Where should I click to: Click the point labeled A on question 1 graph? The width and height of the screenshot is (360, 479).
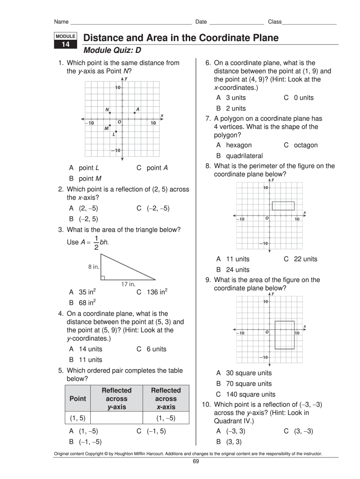pos(135,112)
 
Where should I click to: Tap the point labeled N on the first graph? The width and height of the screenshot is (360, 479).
pos(109,112)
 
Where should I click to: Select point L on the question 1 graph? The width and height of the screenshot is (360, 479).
pos(116,131)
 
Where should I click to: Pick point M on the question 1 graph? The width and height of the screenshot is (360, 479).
pos(110,125)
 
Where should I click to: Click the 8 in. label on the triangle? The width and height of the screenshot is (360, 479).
pos(93,267)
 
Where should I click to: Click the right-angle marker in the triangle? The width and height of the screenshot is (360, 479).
pos(103,277)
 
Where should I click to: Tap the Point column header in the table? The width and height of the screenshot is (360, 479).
pos(78,399)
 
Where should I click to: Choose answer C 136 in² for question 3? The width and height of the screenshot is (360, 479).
pos(152,292)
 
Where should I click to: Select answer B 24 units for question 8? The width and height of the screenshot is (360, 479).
pos(232,269)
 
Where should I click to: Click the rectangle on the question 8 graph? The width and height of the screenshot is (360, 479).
pos(283,206)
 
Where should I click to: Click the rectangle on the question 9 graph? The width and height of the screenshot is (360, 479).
pos(284,335)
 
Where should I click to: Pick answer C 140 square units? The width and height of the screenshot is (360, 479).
pos(246,394)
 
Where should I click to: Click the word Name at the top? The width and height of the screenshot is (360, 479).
pos(62,22)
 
